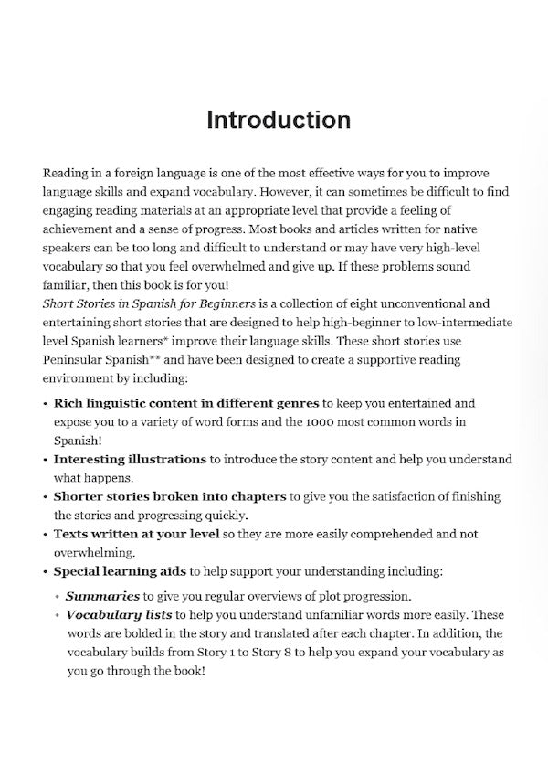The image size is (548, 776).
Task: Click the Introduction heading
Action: pyautogui.click(x=278, y=120)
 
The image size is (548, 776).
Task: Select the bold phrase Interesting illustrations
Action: pyautogui.click(x=130, y=458)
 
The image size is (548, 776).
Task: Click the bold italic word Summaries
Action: pyautogui.click(x=100, y=596)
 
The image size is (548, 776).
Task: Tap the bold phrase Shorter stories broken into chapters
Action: pyautogui.click(x=170, y=495)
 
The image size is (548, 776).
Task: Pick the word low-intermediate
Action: pyautogui.click(x=464, y=324)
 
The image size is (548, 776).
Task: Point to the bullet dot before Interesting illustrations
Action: pyautogui.click(x=46, y=459)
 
